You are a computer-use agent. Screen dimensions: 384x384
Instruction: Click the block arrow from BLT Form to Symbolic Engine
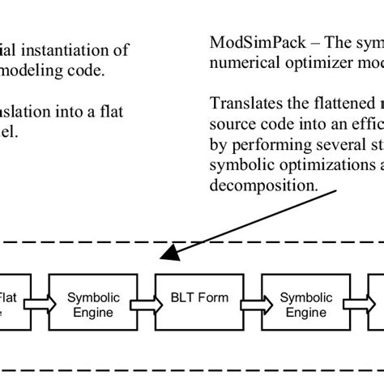click(x=246, y=305)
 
